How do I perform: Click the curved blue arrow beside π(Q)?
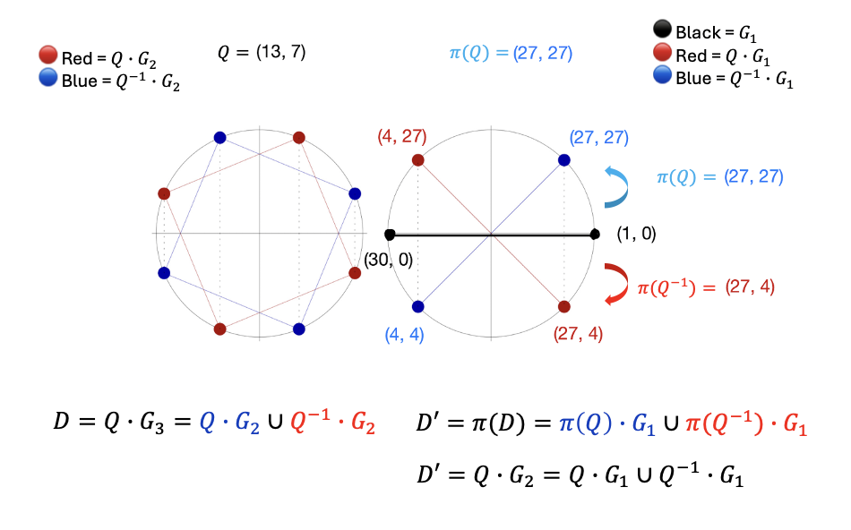617,186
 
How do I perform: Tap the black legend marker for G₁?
664,33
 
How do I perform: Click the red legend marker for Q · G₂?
47,59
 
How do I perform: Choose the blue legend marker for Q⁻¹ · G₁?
664,78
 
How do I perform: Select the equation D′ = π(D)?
613,424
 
